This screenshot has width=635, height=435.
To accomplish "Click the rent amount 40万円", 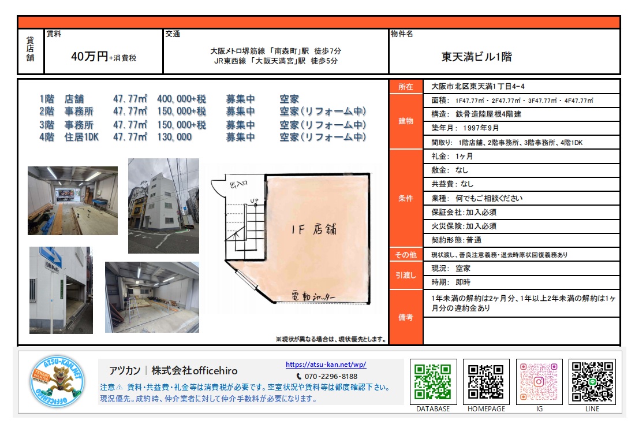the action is click(89, 57).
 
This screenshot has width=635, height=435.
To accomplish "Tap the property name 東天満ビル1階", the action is click(477, 57).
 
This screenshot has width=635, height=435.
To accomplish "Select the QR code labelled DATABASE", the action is click(433, 381).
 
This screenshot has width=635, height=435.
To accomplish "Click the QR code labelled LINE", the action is click(592, 381).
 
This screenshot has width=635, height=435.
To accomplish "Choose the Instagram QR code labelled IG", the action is click(539, 381).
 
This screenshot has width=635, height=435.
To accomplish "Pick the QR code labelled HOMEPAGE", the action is click(486, 381).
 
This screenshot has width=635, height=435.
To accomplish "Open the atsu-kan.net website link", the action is click(326, 365).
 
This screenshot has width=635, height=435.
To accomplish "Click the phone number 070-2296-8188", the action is click(331, 376).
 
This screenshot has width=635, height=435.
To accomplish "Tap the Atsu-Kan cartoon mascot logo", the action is click(58, 381).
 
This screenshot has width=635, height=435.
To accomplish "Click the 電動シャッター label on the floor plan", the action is click(313, 296).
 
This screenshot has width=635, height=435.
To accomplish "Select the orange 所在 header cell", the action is click(406, 87).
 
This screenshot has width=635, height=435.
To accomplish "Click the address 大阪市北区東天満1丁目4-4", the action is click(478, 86).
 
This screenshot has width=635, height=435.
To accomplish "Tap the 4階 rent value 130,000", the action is click(174, 137).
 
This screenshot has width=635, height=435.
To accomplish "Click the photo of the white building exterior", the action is click(163, 206).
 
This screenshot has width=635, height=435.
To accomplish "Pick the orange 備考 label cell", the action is click(406, 317).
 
